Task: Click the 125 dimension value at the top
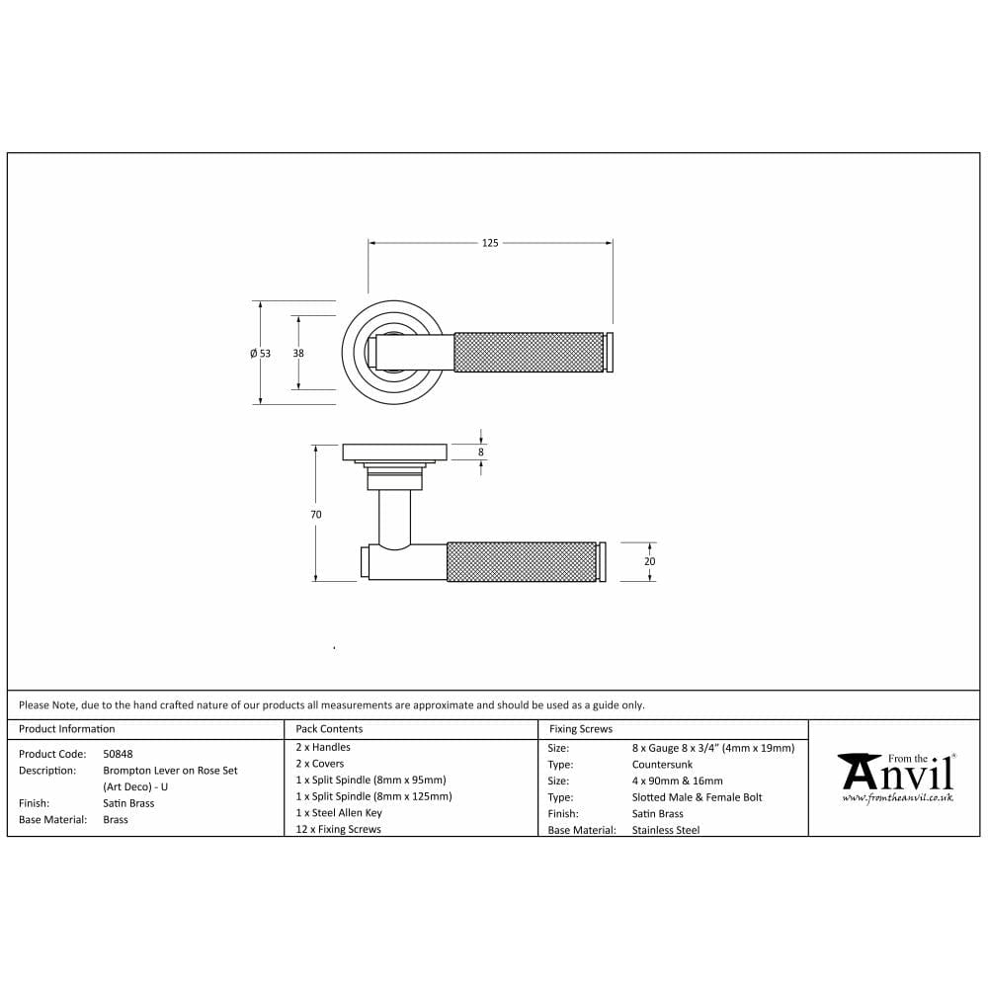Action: point(490,243)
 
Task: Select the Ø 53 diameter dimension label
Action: point(260,354)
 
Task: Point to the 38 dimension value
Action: point(298,354)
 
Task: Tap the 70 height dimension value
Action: point(316,514)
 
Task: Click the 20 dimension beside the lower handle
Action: point(650,561)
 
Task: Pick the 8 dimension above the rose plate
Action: point(481,452)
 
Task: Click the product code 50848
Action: point(118,754)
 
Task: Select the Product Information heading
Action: point(67,729)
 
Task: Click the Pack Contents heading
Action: point(329,729)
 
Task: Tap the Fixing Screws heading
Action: point(580,729)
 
